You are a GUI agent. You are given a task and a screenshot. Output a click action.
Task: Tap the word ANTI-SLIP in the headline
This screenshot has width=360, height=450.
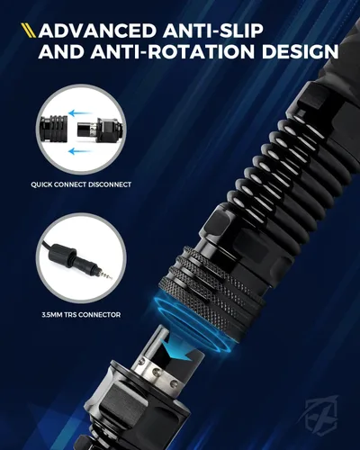click(x=213, y=31)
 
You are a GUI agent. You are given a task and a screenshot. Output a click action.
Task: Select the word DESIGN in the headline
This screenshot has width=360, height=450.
click(x=300, y=51)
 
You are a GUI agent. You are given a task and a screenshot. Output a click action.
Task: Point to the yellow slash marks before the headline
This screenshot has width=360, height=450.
click(x=29, y=31)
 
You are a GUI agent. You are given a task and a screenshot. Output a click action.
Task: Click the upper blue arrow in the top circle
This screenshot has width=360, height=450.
click(x=79, y=113)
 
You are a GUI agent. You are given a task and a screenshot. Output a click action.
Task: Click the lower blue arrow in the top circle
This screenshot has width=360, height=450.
click(x=79, y=151)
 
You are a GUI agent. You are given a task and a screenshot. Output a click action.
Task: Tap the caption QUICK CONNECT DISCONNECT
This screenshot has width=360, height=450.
click(x=81, y=184)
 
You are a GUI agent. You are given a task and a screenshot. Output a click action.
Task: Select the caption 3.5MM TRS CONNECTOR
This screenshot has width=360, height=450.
click(x=81, y=315)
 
